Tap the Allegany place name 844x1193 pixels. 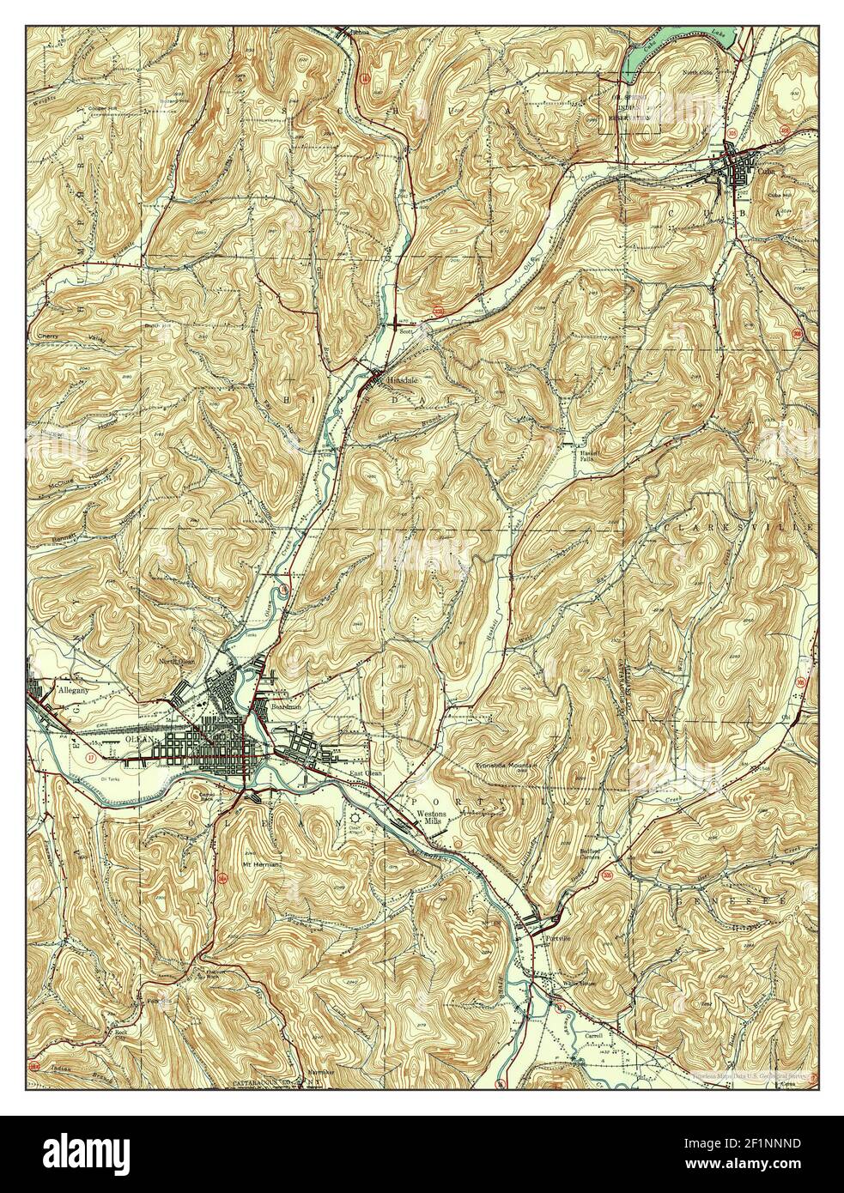73,688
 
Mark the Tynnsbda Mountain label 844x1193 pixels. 508,764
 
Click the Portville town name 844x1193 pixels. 561,939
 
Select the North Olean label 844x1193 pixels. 178,661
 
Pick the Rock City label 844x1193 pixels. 121,1037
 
